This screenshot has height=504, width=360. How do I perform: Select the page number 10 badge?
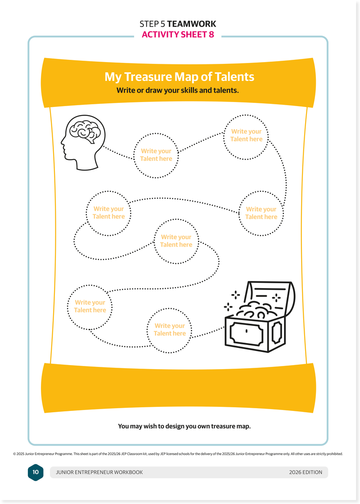[x=36, y=472]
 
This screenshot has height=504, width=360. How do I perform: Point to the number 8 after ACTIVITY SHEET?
[x=211, y=35]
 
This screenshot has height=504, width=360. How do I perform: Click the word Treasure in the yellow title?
[x=146, y=76]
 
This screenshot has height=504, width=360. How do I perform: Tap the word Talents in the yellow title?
[x=234, y=76]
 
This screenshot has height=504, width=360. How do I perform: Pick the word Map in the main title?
[x=186, y=76]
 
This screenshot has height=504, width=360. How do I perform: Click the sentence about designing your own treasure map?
[x=184, y=426]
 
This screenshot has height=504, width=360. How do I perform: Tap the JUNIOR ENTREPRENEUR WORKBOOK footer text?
[x=99, y=472]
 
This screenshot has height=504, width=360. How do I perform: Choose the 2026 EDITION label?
[x=306, y=472]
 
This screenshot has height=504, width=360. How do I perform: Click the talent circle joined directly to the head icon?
[x=156, y=155]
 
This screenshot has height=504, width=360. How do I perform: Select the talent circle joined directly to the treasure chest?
[x=170, y=330]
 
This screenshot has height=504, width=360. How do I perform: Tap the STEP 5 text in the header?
[x=153, y=24]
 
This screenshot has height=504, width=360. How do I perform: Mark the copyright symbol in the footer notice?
[x=15, y=454]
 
